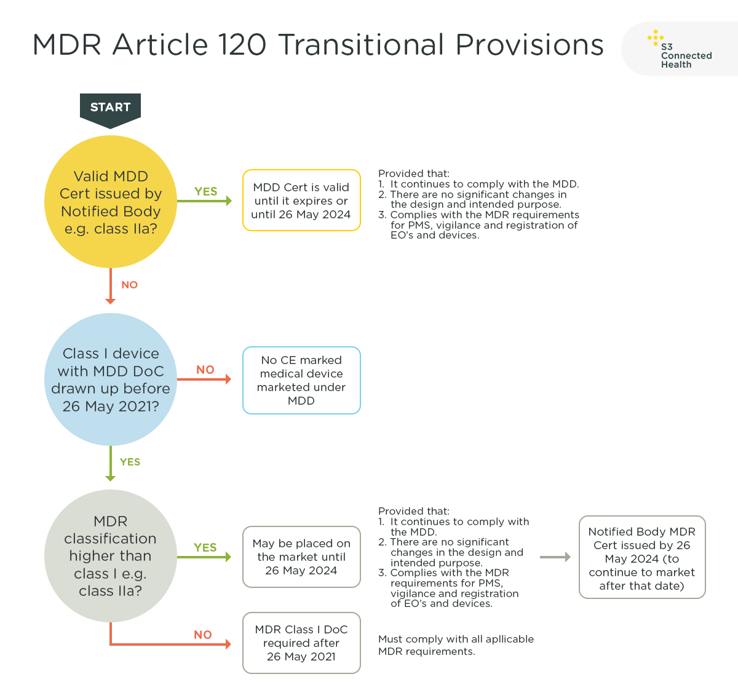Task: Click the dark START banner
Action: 110,108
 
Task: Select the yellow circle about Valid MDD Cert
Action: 111,202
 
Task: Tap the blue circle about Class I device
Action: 111,379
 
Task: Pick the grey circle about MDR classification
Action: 111,556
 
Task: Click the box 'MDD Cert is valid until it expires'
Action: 301,200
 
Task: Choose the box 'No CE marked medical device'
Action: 301,380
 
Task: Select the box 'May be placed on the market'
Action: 301,557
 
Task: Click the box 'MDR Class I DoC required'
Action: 301,643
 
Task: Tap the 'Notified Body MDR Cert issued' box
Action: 642,557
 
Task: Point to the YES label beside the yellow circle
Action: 206,191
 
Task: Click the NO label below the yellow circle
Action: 130,285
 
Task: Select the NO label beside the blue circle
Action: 205,370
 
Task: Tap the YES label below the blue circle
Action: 130,462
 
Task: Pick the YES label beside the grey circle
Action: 205,547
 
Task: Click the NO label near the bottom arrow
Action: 203,635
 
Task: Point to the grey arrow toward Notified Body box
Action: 555,557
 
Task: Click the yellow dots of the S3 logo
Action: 655,38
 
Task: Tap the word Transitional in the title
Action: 361,45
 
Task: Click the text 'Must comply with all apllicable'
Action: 456,639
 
